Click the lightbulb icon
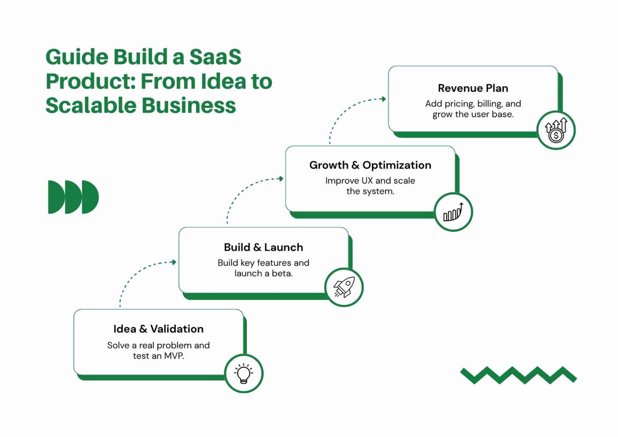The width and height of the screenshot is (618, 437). [243, 373]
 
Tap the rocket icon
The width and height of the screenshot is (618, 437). [344, 287]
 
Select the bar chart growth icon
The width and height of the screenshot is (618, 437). [453, 212]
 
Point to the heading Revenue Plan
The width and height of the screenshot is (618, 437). [473, 88]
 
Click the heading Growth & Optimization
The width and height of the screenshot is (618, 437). [370, 165]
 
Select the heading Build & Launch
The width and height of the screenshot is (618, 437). [263, 247]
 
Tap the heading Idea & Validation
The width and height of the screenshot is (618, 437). [158, 329]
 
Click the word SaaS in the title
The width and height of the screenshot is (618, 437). [215, 57]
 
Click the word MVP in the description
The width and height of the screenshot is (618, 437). [174, 356]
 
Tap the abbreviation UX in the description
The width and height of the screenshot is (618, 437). [367, 181]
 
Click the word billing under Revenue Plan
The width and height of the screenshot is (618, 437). [490, 104]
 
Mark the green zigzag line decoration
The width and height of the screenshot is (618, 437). [518, 375]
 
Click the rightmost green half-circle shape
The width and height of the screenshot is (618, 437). [90, 197]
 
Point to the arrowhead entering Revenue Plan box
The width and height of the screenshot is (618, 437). [383, 99]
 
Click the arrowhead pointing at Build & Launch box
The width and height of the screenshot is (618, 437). [174, 262]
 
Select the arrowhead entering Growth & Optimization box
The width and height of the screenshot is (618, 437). [281, 179]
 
